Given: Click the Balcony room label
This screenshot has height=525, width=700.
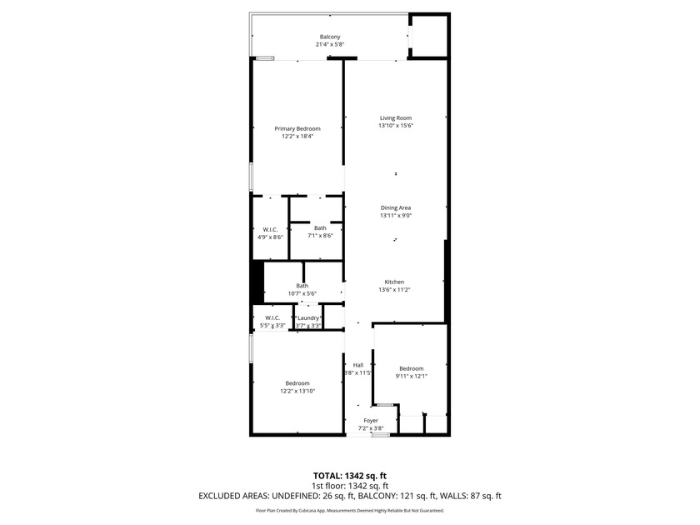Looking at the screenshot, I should coord(330,37).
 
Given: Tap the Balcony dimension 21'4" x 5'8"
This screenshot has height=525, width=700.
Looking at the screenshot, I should coord(330,45).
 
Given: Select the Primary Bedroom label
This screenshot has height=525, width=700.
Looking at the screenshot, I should coord(297,128).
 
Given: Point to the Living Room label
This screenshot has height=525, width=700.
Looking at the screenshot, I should coord(396,117).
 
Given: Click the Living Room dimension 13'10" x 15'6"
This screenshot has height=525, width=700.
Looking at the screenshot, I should coord(396,126).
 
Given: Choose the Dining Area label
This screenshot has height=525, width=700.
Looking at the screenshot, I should coord(396,207).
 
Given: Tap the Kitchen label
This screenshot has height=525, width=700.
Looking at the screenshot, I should coord(394,282).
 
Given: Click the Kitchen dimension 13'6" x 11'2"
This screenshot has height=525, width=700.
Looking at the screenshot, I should coord(394,290).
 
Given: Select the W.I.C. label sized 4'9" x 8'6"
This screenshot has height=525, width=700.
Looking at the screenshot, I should coord(270,229).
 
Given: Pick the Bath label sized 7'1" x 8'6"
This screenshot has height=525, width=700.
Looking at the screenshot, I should coord(320,227).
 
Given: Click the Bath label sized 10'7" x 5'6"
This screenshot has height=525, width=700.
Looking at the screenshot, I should coord(302,286).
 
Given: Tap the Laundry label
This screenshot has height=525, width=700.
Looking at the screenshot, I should coord(309,317).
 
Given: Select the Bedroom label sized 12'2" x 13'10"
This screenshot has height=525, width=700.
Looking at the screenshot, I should coord(297,382).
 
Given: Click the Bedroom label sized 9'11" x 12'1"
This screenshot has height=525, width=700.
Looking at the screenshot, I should coord(411,368).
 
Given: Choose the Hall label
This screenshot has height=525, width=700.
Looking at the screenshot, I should coord(357,365).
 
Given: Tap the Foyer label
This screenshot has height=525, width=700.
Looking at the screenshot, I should coord(371,421).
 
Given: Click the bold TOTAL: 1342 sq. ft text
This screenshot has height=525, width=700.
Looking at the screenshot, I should coord(349,476).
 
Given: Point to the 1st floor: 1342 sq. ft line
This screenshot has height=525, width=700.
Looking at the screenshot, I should coord(349,486).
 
